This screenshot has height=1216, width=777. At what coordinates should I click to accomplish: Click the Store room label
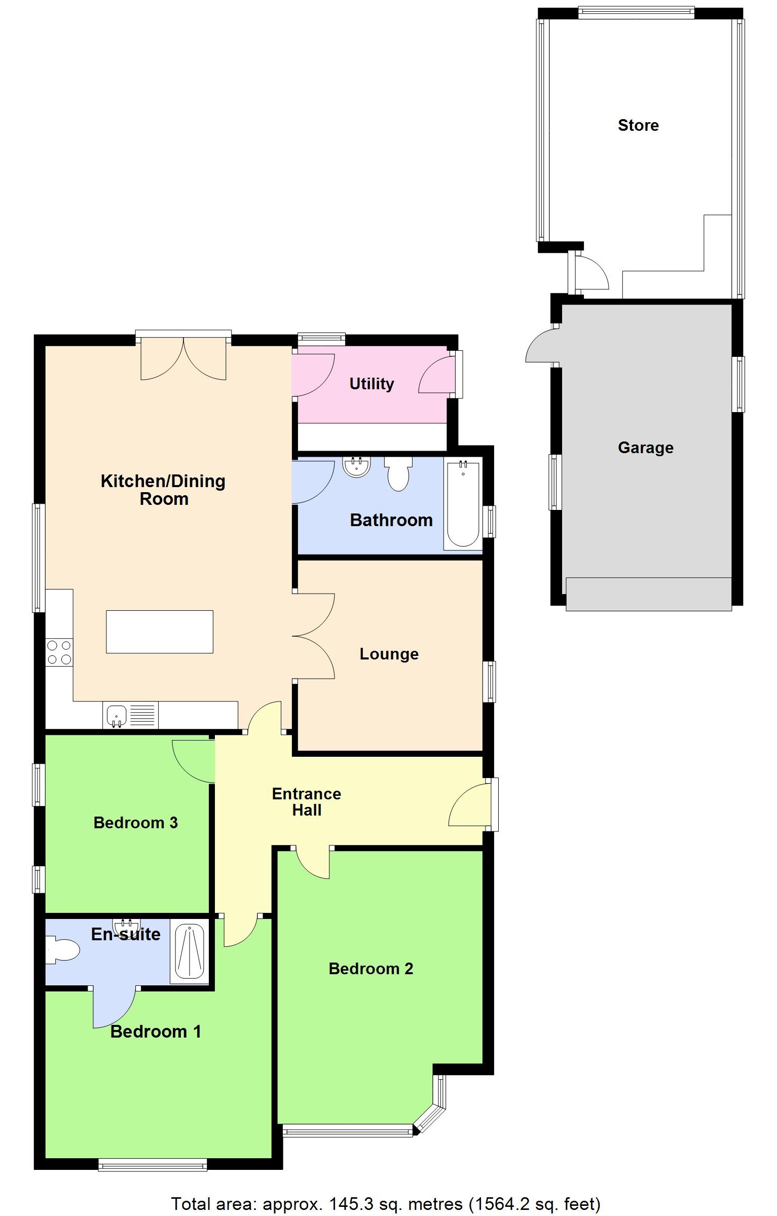638,125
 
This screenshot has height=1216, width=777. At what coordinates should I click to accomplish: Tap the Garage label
645,448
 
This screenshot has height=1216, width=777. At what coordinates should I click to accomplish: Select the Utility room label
372,384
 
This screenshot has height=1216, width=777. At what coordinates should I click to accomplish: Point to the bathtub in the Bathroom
463,503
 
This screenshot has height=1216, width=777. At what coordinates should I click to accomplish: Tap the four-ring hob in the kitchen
59,652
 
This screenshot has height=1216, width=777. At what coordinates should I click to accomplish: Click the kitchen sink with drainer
130,715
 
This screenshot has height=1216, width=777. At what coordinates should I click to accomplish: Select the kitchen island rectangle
159,632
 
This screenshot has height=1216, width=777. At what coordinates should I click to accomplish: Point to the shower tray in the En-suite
190,951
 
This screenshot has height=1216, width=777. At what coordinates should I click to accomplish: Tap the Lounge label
389,654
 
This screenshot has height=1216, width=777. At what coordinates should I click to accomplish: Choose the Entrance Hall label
306,801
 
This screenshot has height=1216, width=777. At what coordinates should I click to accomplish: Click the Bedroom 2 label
371,969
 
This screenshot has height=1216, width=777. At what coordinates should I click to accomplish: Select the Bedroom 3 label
135,822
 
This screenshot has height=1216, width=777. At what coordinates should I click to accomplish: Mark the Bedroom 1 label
156,1031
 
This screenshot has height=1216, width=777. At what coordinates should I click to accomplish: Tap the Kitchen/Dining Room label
163,490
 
